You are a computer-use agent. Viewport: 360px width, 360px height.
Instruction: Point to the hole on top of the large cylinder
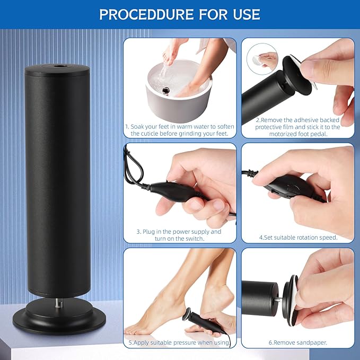[58, 67]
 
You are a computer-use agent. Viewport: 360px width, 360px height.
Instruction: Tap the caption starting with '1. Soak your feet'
[180, 130]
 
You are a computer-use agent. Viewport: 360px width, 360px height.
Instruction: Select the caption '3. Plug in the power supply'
[180, 235]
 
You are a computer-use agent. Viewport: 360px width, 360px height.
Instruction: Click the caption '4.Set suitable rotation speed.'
[298, 237]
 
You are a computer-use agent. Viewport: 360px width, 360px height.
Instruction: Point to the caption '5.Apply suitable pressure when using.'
[180, 343]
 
